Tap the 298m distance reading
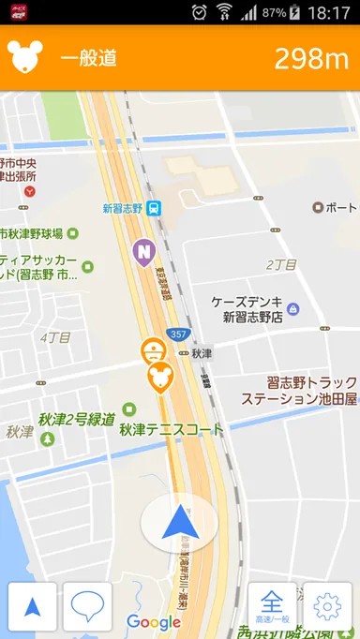pyautogui.click(x=311, y=58)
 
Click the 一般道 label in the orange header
pyautogui.click(x=89, y=58)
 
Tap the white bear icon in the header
pyautogui.click(x=24, y=57)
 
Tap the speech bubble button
pyautogui.click(x=87, y=606)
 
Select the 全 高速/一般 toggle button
pyautogui.click(x=272, y=606)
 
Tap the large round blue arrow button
pyautogui.click(x=179, y=522)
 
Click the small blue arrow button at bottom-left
pyautogui.click(x=33, y=606)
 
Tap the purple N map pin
pyautogui.click(x=143, y=251)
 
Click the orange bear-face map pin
pyautogui.click(x=160, y=376)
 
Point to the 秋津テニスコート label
pyautogui.click(x=172, y=430)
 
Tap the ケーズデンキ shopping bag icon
pyautogui.click(x=292, y=308)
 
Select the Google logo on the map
pyautogui.click(x=154, y=622)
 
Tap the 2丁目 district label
pyautogui.click(x=280, y=265)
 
